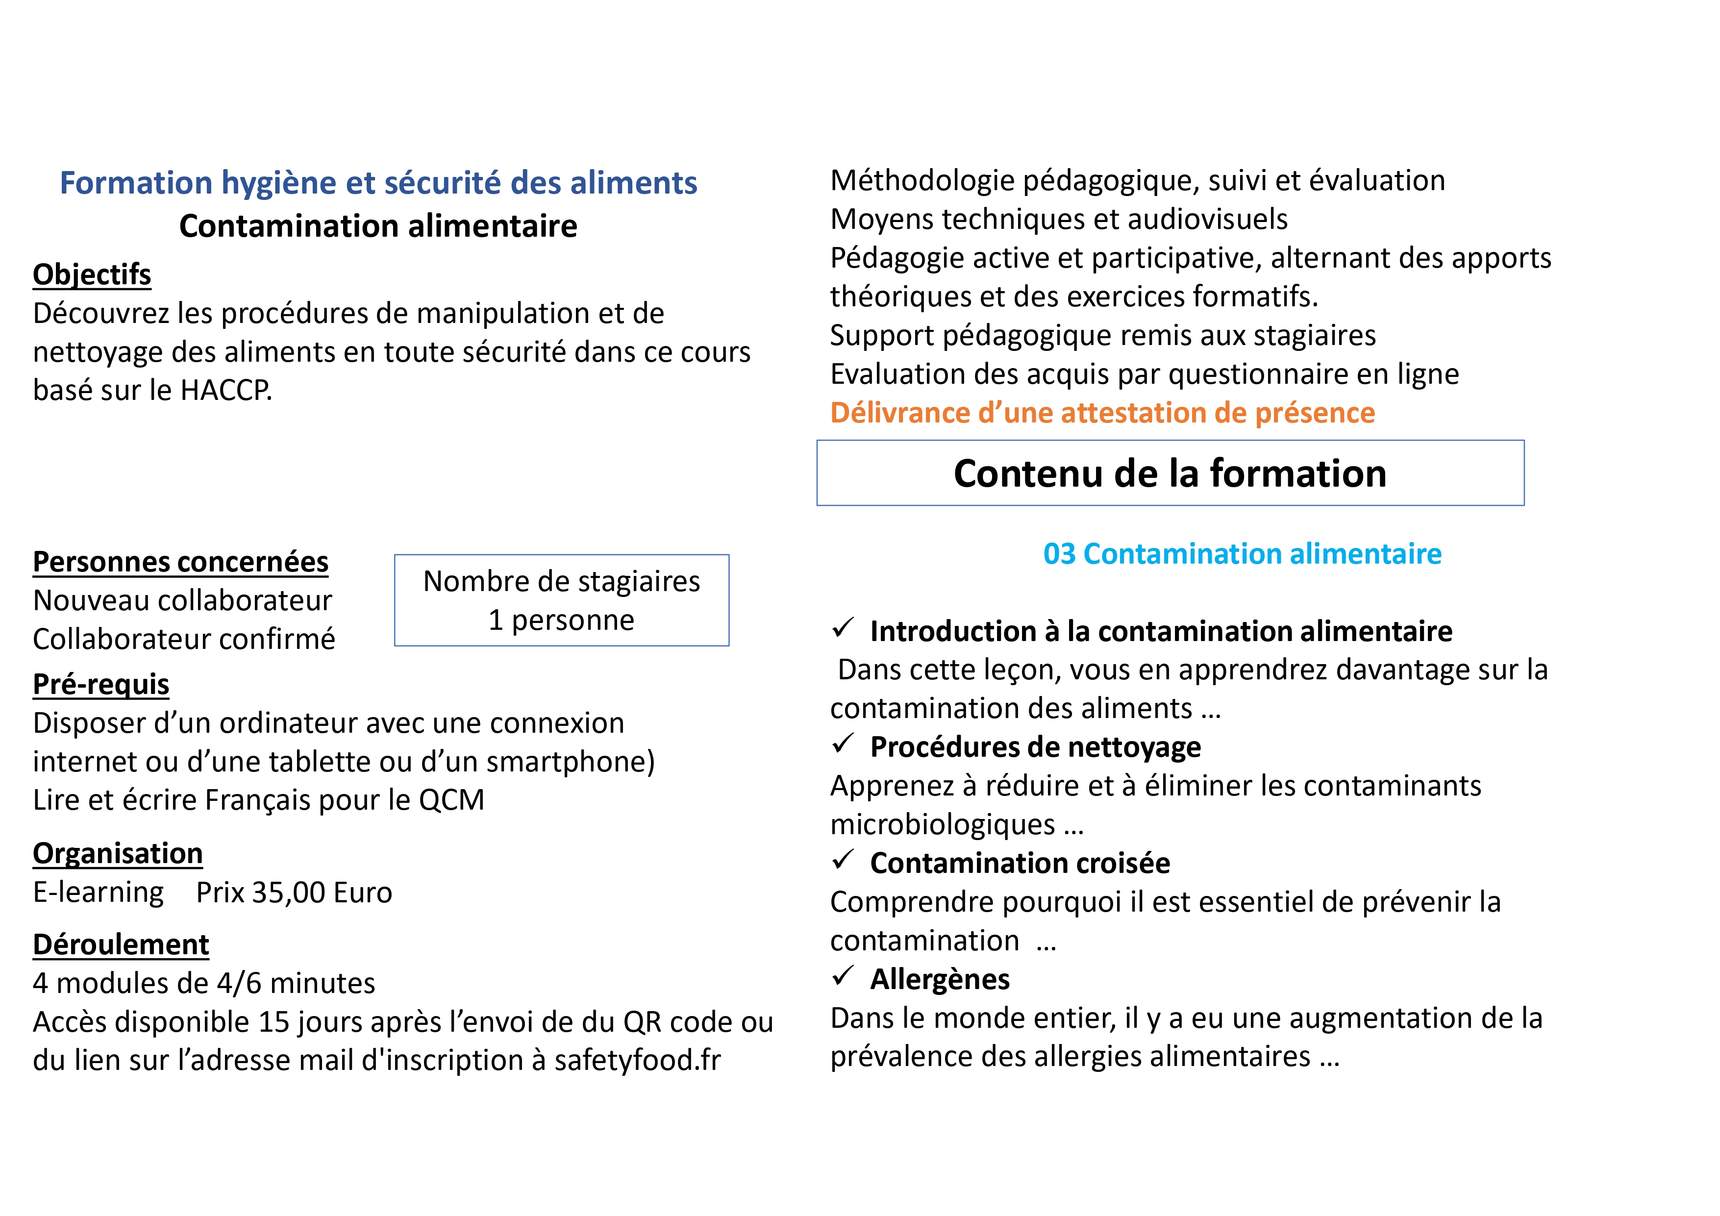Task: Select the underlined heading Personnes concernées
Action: coord(180,562)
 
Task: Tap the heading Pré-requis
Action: coord(101,684)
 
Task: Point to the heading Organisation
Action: coord(118,853)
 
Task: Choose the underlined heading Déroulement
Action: coord(121,945)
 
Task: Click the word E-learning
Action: coord(98,893)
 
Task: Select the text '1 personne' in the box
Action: coord(561,620)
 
